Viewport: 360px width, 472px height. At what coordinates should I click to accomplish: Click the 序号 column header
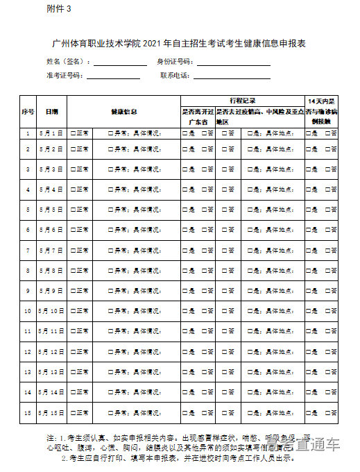pyautogui.click(x=28, y=111)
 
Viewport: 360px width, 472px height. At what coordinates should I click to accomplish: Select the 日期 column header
pyautogui.click(x=52, y=111)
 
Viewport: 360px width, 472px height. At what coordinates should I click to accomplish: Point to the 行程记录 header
pyautogui.click(x=242, y=100)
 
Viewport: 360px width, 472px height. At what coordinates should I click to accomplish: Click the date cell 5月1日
pyautogui.click(x=52, y=133)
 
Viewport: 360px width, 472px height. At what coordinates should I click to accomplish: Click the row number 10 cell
pyautogui.click(x=28, y=311)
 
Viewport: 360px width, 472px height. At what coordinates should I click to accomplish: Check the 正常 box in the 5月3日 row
pyautogui.click(x=74, y=169)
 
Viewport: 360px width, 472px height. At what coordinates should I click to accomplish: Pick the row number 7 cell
pyautogui.click(x=28, y=250)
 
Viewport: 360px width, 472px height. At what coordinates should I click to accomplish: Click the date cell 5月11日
pyautogui.click(x=52, y=332)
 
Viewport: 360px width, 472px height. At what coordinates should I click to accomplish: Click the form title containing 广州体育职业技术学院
pyautogui.click(x=180, y=44)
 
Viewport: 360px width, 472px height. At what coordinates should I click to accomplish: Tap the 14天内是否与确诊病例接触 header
pyautogui.click(x=322, y=111)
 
